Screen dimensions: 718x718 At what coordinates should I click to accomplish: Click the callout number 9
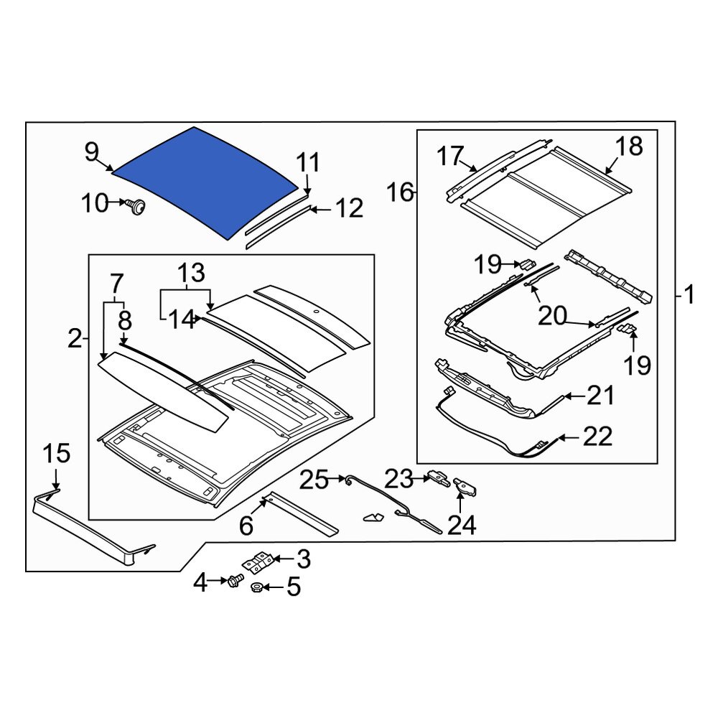click(91, 152)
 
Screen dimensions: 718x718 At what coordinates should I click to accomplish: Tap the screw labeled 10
click(135, 207)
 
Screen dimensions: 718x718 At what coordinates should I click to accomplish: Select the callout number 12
click(349, 209)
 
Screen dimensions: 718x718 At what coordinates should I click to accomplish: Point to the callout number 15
click(56, 454)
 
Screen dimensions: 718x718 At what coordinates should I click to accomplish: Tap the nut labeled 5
click(256, 589)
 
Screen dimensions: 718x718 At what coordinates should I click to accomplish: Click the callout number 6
click(246, 526)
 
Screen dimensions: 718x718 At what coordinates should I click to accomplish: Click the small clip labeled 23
click(437, 475)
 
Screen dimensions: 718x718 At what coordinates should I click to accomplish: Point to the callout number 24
click(462, 526)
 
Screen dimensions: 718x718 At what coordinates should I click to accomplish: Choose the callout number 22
click(597, 436)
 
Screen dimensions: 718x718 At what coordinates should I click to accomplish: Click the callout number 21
click(600, 395)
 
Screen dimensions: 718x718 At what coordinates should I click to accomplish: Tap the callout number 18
click(629, 146)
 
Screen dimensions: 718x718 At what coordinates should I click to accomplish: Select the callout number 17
click(452, 155)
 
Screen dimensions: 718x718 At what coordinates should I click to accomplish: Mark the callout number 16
click(401, 192)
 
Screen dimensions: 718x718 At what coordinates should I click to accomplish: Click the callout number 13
click(191, 273)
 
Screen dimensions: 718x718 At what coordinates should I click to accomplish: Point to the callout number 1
click(689, 294)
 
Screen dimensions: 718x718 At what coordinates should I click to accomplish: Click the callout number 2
click(75, 337)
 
